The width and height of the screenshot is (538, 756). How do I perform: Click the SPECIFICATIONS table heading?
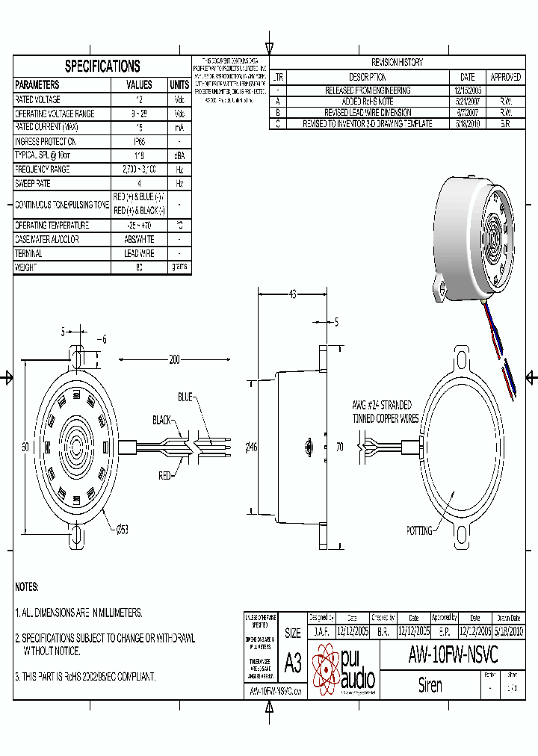102,66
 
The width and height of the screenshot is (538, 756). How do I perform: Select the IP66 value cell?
139,141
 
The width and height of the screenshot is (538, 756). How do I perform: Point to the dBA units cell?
179,155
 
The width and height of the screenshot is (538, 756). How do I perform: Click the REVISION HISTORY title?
397,63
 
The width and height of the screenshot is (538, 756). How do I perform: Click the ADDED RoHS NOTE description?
367,102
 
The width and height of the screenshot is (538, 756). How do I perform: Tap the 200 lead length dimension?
174,360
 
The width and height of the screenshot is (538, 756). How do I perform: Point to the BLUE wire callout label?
185,396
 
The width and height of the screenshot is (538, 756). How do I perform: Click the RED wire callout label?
164,474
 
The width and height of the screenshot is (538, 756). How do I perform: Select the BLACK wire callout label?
163,419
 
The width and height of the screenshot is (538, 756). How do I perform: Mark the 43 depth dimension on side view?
292,294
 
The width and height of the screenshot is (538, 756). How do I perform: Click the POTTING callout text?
419,531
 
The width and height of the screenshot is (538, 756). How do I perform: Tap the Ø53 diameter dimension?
122,530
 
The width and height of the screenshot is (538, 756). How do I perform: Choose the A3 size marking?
293,663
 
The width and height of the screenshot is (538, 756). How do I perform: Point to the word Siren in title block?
430,685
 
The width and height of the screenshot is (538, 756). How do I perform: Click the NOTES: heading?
27,587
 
